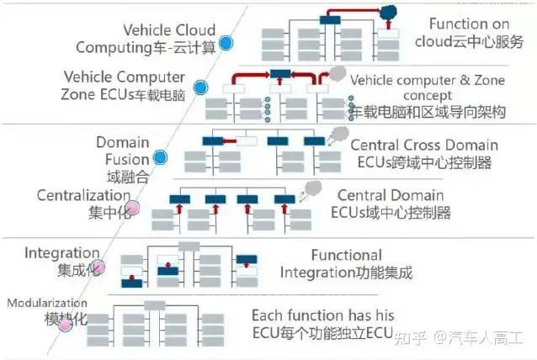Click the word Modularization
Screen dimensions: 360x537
click(47, 303)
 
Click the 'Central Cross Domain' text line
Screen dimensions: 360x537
click(424, 145)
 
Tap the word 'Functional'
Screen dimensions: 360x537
click(346, 255)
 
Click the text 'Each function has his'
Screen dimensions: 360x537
click(323, 315)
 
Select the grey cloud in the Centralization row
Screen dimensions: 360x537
click(312, 190)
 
